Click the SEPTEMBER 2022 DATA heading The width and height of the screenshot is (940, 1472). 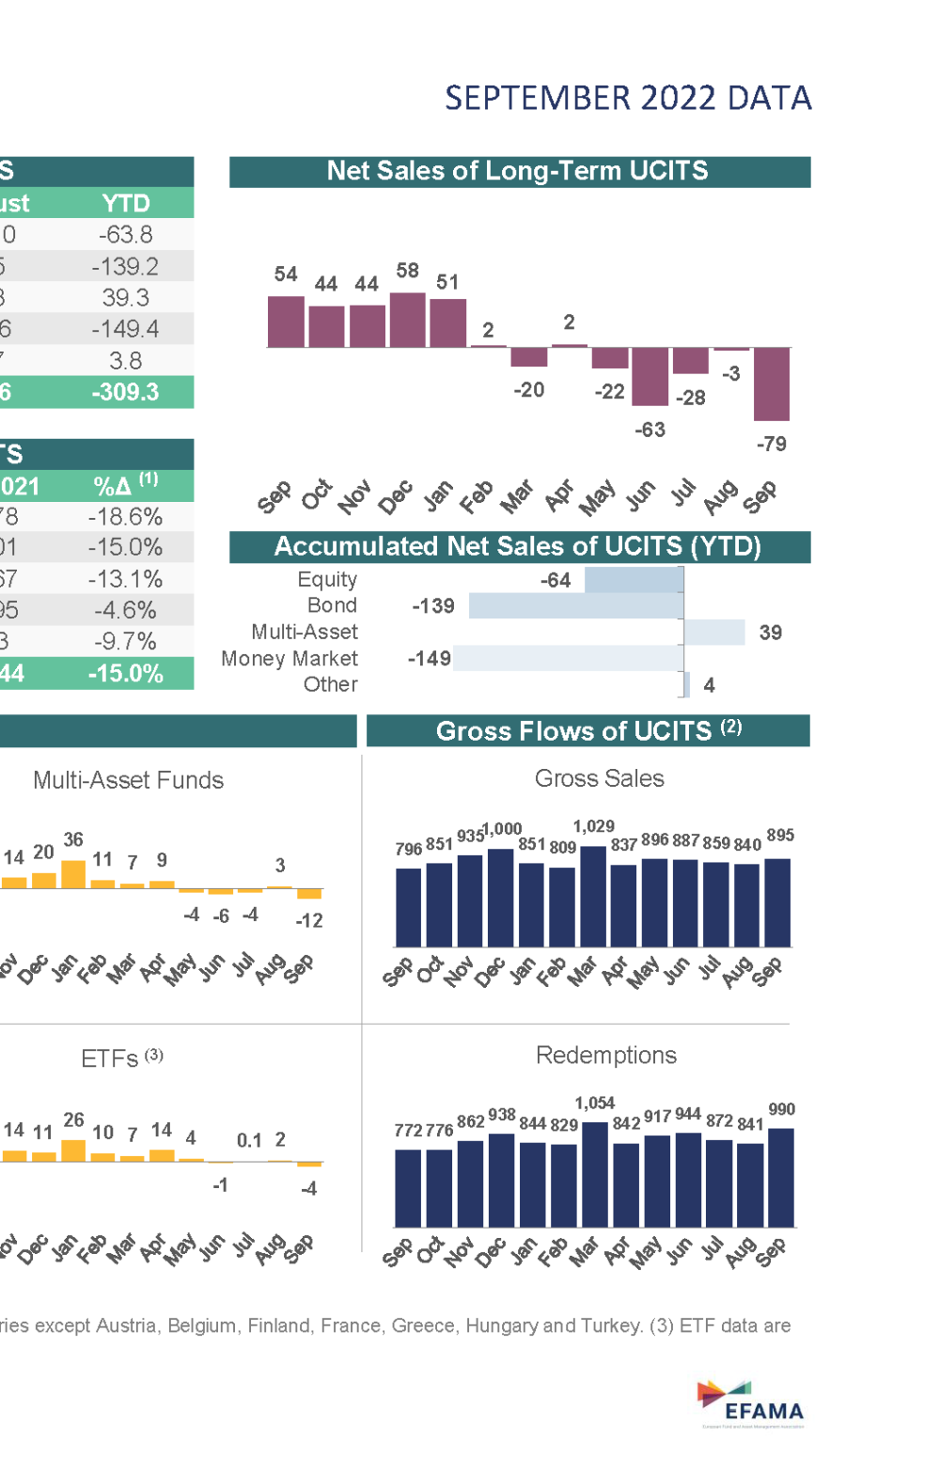pos(627,99)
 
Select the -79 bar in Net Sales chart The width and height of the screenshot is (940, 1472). pos(771,384)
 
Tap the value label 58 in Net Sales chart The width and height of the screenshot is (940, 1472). pos(407,271)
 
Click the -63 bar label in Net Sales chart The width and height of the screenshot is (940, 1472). pos(650,430)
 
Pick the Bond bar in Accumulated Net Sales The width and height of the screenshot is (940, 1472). pos(575,606)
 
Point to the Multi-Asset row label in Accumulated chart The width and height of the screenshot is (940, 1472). pos(305,632)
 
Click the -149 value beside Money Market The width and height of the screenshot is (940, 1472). pos(430,658)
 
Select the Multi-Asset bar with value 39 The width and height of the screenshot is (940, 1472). pos(713,633)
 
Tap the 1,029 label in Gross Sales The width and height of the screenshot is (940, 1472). pos(593,826)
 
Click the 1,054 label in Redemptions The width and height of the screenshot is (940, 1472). pos(594,1103)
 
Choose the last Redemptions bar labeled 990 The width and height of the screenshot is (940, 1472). pos(780,1178)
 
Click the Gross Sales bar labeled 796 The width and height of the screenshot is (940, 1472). pos(408,907)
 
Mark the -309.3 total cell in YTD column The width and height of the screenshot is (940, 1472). pos(125,392)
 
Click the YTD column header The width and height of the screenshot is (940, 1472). pos(126,203)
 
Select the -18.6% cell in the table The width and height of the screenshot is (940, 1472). pos(125,516)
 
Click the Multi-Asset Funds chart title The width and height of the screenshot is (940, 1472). pos(128,780)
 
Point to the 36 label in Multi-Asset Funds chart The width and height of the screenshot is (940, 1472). pos(73,839)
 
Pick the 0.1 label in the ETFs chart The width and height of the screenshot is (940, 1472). pos(249,1140)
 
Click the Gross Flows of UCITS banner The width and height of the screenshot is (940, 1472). pos(587,731)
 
